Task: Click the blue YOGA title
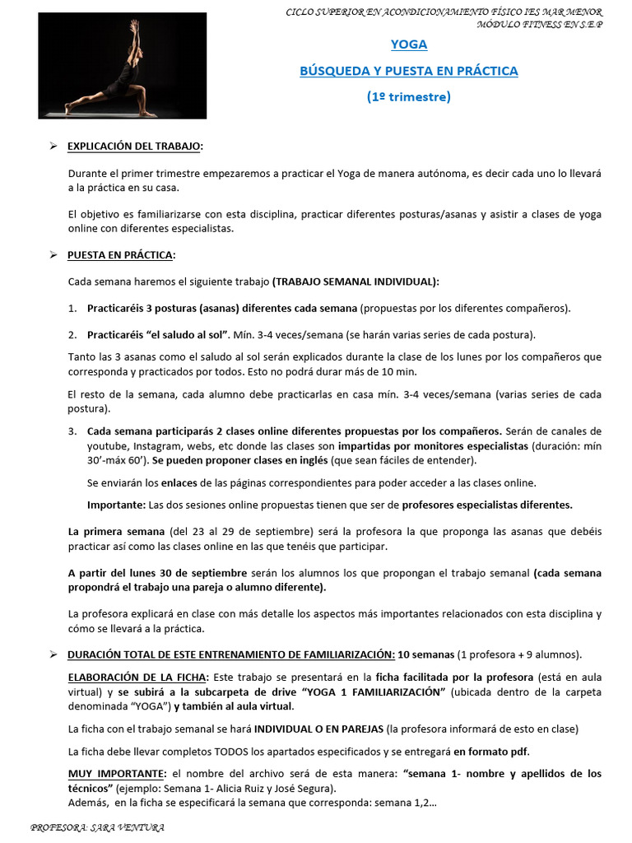(409, 44)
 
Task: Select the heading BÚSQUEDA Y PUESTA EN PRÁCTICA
(409, 71)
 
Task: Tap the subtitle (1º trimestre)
(409, 96)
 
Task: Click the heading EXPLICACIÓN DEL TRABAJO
(134, 146)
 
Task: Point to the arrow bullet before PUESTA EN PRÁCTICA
(52, 254)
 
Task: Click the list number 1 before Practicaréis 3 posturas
(72, 308)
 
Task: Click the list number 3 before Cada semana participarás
(72, 431)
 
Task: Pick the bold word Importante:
(116, 505)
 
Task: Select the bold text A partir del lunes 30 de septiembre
(157, 572)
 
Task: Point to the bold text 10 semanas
(425, 654)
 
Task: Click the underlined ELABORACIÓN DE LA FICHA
(137, 677)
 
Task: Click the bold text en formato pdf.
(491, 751)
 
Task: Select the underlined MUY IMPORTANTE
(114, 774)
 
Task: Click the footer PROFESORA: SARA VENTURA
(96, 827)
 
